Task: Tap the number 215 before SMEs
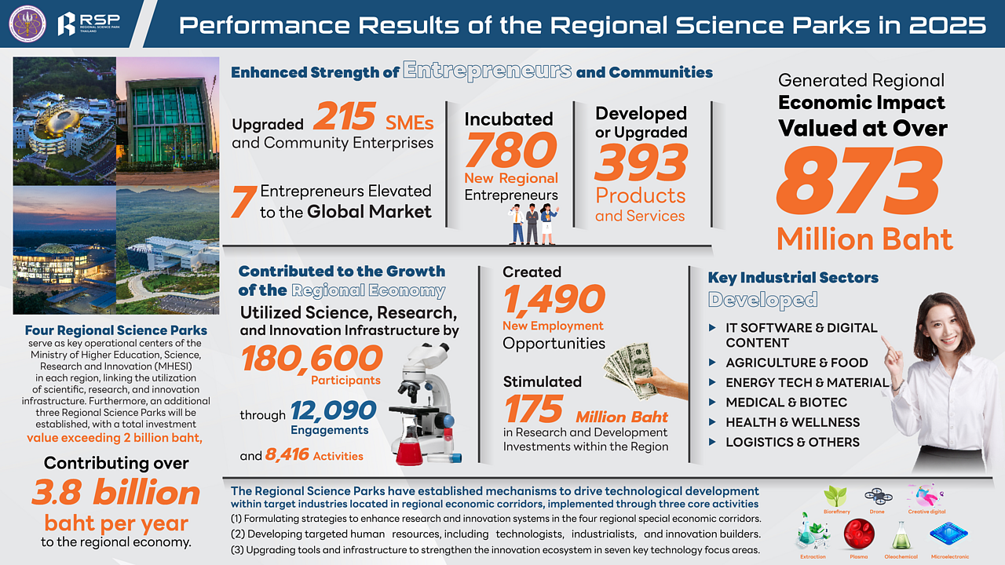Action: pyautogui.click(x=344, y=117)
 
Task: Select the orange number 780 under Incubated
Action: pyautogui.click(x=510, y=149)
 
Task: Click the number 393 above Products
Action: pyautogui.click(x=641, y=162)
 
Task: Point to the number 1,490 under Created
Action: pyautogui.click(x=554, y=299)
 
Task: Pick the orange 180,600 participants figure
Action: pyautogui.click(x=312, y=359)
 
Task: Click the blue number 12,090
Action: pyautogui.click(x=334, y=410)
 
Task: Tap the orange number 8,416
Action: pyautogui.click(x=287, y=455)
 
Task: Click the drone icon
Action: pyautogui.click(x=877, y=496)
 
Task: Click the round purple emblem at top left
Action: pyautogui.click(x=27, y=24)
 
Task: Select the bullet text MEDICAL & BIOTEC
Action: pyautogui.click(x=786, y=402)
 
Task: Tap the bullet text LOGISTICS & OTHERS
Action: pyautogui.click(x=792, y=442)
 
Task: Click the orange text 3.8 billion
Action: pyautogui.click(x=116, y=493)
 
